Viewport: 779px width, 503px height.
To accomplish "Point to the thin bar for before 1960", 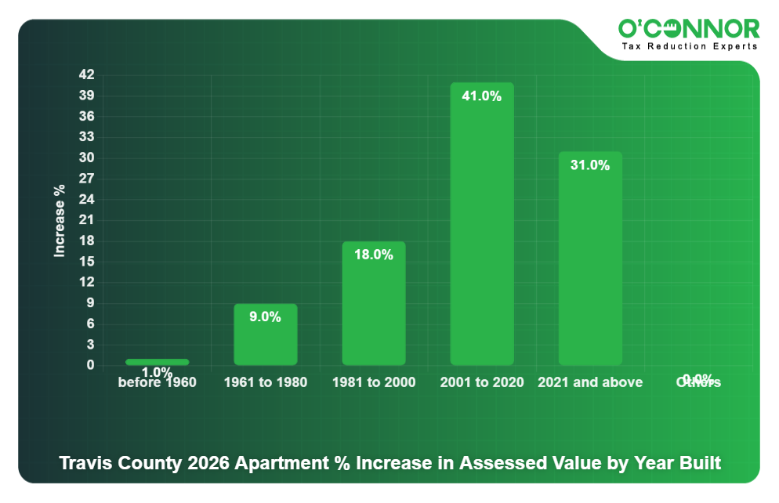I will pos(158,362).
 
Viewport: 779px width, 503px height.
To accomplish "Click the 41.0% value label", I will pos(482,96).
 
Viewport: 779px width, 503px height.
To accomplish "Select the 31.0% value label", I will pos(590,165).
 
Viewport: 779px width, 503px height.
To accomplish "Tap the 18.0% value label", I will pos(374,255).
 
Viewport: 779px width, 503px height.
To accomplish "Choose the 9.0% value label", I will pos(266,317).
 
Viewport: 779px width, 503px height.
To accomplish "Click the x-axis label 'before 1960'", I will pos(158,383).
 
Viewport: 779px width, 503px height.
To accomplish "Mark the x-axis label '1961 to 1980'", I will pos(266,382).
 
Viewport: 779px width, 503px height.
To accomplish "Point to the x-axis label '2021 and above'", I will pos(590,382).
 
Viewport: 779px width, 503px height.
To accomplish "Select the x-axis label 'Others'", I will pos(698,383).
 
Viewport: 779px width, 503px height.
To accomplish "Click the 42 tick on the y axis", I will pos(86,75).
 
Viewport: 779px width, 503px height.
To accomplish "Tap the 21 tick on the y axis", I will pos(86,220).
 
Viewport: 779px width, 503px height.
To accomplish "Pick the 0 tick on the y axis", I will pos(90,365).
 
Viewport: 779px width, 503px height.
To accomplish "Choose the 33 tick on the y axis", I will pos(86,137).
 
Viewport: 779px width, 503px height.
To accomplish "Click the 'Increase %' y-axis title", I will pos(60,221).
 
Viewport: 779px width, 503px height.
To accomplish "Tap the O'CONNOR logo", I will pos(689,29).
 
